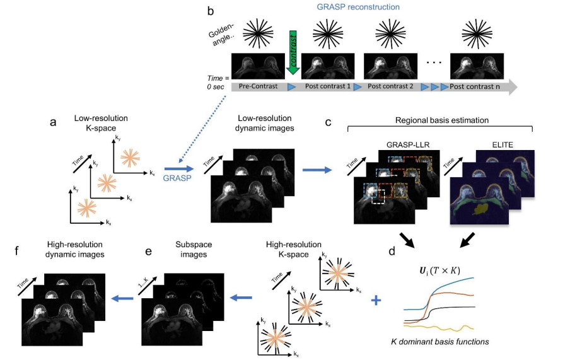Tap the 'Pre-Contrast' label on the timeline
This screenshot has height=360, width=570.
[259, 86]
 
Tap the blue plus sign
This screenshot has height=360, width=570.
[376, 301]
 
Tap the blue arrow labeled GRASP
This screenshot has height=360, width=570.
[177, 169]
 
